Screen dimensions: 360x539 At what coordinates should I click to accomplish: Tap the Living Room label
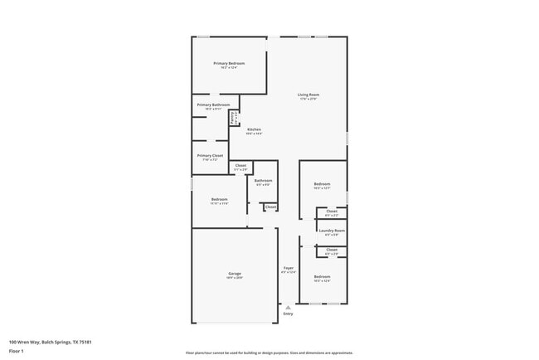click(x=308, y=95)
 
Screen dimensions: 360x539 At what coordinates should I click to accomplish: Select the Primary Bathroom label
click(x=213, y=105)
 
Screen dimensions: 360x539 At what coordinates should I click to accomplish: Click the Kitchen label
click(x=255, y=129)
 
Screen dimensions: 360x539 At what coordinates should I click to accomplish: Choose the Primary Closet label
click(x=210, y=155)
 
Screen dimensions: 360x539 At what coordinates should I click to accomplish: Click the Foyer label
click(x=289, y=268)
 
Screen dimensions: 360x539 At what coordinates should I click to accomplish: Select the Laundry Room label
click(x=332, y=231)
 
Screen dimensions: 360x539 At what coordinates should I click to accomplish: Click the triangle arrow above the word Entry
click(x=288, y=307)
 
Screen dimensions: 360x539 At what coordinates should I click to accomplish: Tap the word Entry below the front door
click(x=288, y=314)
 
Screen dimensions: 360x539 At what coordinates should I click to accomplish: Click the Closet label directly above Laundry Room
click(x=332, y=212)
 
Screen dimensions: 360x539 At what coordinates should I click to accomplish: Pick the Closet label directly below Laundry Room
click(x=332, y=249)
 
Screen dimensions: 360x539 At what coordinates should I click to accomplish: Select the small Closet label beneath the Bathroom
click(x=270, y=207)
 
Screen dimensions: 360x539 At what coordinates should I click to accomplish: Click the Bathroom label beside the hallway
click(x=264, y=180)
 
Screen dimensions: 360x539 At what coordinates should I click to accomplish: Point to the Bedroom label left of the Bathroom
click(x=219, y=199)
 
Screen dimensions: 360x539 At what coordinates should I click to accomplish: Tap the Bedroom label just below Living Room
click(x=322, y=183)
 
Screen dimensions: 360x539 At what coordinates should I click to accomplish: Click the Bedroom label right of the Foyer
click(x=322, y=276)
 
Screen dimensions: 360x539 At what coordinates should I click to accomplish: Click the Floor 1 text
click(x=17, y=351)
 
